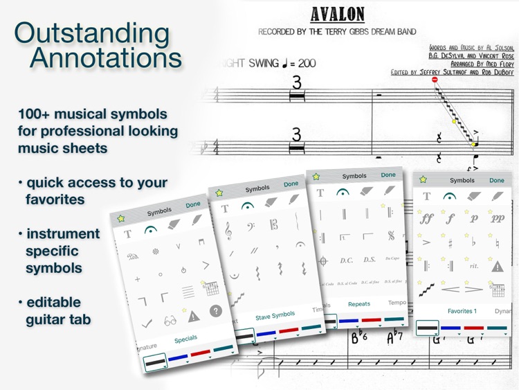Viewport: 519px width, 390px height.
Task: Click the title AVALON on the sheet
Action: click(337, 14)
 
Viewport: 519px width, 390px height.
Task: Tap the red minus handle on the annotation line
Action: click(435, 80)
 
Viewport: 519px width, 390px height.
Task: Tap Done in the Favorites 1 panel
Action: click(497, 180)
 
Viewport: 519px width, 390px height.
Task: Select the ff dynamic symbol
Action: click(426, 219)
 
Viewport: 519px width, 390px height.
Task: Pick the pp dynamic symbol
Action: click(498, 219)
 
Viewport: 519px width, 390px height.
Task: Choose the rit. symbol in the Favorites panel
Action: click(473, 265)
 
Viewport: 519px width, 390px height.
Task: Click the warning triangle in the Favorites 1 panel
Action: click(498, 266)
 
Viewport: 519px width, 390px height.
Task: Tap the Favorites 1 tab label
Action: click(462, 311)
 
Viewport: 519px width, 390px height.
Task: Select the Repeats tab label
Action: click(359, 304)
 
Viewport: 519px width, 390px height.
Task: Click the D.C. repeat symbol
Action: click(346, 260)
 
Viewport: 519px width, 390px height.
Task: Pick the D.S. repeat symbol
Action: click(370, 260)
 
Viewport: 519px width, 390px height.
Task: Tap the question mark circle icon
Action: click(215, 311)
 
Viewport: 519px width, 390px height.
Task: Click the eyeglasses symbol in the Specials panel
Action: click(170, 321)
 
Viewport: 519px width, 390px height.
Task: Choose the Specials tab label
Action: click(185, 339)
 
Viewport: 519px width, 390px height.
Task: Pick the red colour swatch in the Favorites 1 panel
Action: click(474, 328)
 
